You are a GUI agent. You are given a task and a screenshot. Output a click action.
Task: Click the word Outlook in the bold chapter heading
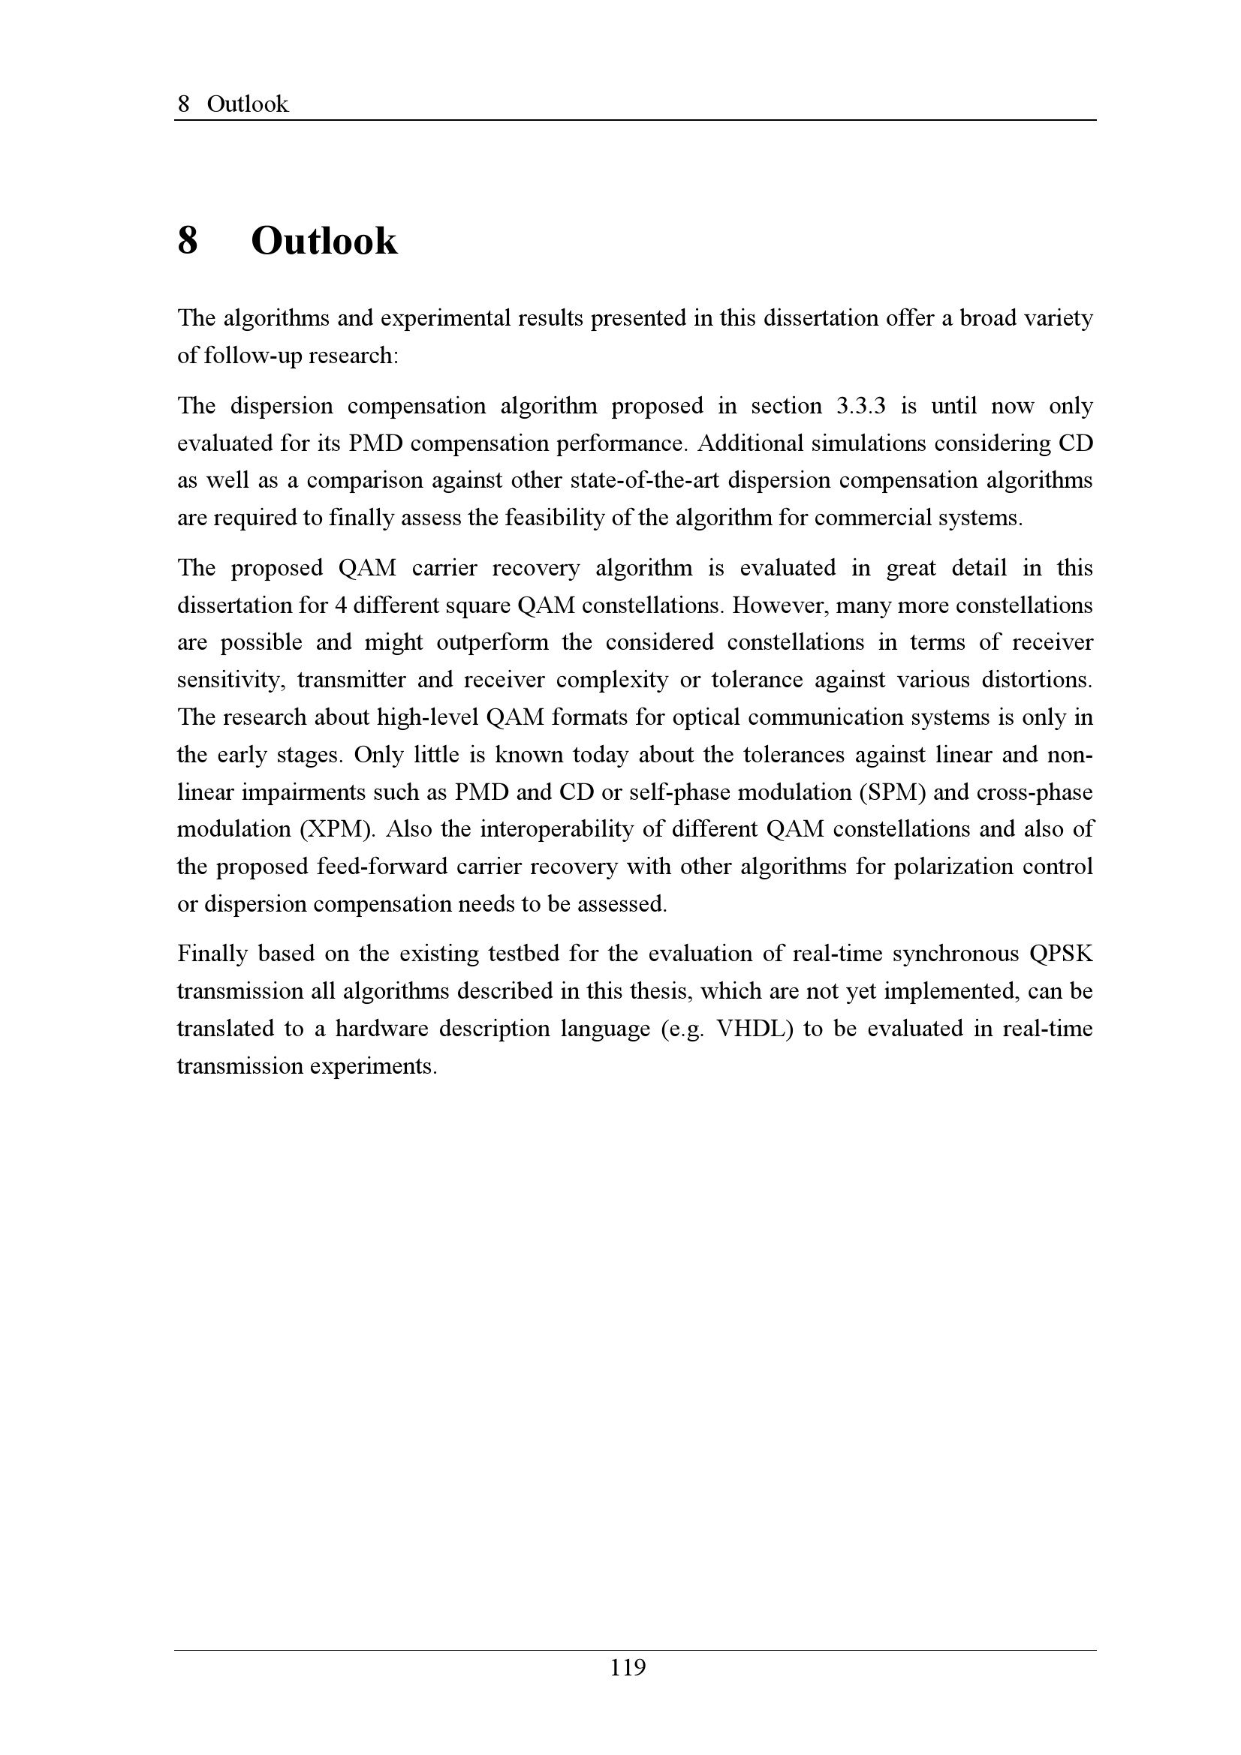[x=324, y=242]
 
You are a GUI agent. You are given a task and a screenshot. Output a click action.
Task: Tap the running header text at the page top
[x=233, y=104]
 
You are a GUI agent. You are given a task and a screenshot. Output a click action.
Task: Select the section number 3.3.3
[x=860, y=406]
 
